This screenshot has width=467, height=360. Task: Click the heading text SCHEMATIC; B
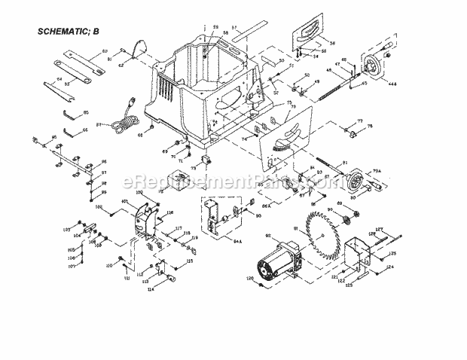tap(72, 32)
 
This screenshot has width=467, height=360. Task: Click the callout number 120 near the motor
tap(249, 279)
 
